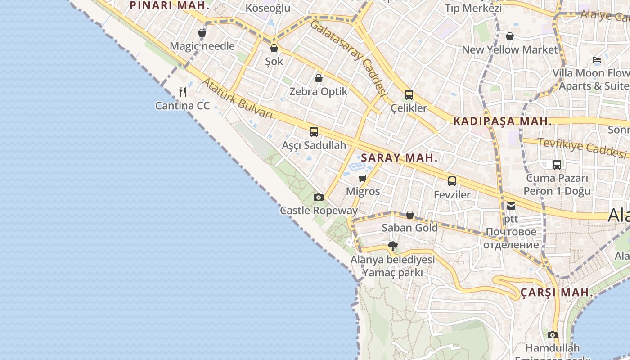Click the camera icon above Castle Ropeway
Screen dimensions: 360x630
coord(318,197)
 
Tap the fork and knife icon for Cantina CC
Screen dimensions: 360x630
coord(183,92)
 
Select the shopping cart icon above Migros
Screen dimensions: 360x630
coord(363,178)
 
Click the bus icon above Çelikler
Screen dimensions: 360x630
coord(409,95)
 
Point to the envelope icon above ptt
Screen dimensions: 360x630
coord(511,206)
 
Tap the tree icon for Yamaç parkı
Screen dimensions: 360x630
coord(392,246)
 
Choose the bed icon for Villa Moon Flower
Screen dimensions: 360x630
coord(597,59)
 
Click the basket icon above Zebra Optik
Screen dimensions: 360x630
coord(319,78)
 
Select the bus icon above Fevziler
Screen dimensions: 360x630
coord(452,181)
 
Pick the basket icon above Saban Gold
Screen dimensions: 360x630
coord(409,215)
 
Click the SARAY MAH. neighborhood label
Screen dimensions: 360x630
coord(399,158)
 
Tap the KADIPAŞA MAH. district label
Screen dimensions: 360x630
coord(502,121)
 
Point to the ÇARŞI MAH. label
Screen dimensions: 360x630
coord(557,292)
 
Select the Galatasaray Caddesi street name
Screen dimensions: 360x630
coord(349,58)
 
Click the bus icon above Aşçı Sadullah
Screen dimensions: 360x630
coord(314,132)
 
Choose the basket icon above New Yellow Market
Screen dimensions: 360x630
coord(510,36)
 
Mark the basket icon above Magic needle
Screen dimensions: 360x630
coord(202,33)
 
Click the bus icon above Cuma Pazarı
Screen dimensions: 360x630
coord(557,165)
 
